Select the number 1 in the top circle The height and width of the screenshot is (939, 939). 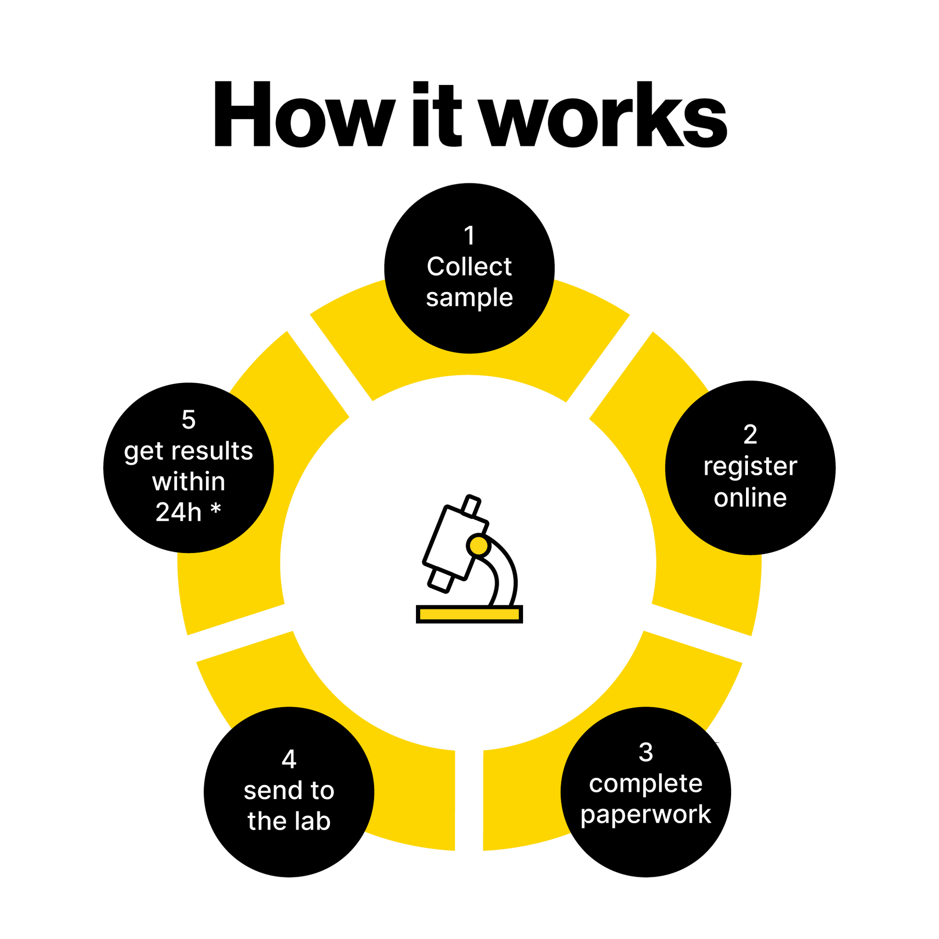point(469,236)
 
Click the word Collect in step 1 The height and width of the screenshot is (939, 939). point(469,266)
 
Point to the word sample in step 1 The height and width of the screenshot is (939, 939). point(469,297)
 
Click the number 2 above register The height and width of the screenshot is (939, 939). point(750,434)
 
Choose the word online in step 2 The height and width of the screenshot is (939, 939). point(750,497)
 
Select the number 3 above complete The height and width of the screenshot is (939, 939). point(646,752)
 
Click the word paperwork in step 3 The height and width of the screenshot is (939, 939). point(646,815)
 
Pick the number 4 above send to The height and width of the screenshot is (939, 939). point(289,759)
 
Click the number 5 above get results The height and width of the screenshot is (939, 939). point(189,419)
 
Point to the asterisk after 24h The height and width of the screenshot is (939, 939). point(216,511)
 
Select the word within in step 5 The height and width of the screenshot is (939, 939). point(189,482)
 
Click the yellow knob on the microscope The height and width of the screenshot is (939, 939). point(479,545)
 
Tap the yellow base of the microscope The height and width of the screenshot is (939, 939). point(469,614)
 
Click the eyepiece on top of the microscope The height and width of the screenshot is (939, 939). point(470,506)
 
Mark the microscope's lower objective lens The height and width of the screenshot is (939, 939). point(441,580)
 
